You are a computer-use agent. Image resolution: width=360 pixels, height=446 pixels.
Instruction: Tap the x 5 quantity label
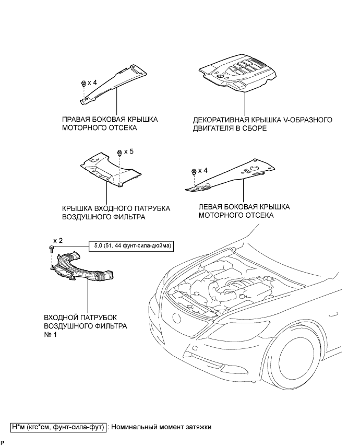pos(128,151)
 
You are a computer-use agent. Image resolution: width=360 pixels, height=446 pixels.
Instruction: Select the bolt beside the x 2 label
pos(51,250)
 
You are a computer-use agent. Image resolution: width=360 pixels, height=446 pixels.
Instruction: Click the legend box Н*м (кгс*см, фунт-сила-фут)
pos(58,427)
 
